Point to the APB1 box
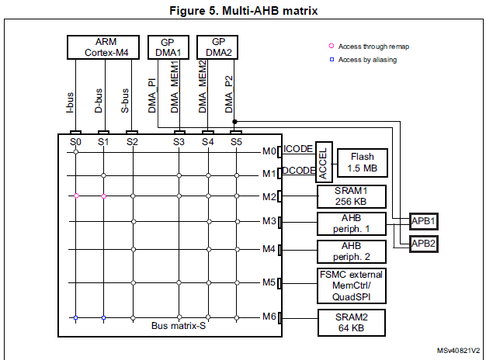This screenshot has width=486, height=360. (x=425, y=221)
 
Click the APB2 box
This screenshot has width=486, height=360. (x=425, y=243)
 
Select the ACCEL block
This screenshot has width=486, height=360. (x=323, y=161)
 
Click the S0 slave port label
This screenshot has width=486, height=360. (x=75, y=142)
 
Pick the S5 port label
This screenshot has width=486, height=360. (x=236, y=142)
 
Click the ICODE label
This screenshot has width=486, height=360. (x=297, y=149)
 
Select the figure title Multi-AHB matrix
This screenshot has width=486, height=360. (x=242, y=10)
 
